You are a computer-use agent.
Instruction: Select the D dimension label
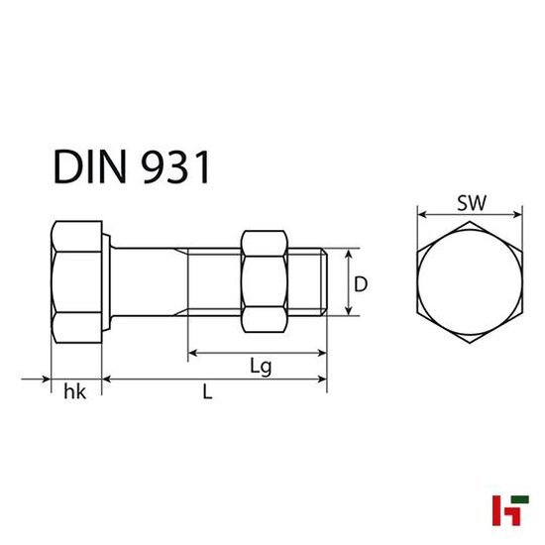(362, 284)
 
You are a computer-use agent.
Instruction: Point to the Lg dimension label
(260, 366)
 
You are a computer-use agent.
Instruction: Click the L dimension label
(207, 392)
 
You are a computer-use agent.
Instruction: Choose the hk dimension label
(75, 392)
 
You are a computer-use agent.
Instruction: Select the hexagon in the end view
(470, 283)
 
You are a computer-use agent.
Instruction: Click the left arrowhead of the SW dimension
(420, 213)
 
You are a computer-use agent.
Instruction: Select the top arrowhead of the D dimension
(348, 254)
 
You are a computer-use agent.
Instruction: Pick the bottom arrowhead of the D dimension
(348, 313)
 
